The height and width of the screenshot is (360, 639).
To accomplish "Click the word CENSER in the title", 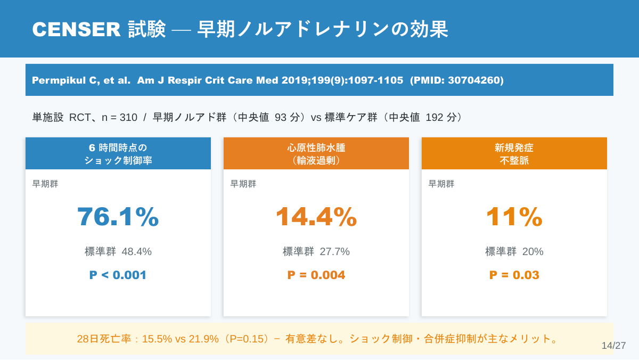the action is (x=77, y=29).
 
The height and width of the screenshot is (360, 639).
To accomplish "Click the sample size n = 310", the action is (x=119, y=117).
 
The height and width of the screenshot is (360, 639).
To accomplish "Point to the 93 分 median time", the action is (x=287, y=117).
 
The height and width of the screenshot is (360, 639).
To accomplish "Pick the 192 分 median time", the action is (x=441, y=117).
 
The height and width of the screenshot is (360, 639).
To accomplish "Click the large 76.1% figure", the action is (x=118, y=217).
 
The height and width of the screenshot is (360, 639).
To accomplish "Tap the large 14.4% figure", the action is (x=316, y=217).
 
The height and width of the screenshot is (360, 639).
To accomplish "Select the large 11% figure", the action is (x=514, y=217).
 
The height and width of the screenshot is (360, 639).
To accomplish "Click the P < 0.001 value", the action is (x=118, y=275).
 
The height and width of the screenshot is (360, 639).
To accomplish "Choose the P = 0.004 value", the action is (x=316, y=275).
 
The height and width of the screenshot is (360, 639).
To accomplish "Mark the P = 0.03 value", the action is (x=514, y=275).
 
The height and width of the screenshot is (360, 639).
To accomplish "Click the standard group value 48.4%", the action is (x=137, y=251).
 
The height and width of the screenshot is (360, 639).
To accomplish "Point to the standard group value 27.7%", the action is (x=334, y=251).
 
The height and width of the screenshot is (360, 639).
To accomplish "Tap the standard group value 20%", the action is (x=532, y=251).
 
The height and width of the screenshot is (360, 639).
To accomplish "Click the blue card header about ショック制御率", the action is (x=118, y=153).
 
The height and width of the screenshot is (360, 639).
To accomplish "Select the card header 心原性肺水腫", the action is (x=316, y=153).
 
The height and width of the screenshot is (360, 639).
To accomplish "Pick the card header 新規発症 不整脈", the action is (x=514, y=153).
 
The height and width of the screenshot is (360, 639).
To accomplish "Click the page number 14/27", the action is (x=613, y=346).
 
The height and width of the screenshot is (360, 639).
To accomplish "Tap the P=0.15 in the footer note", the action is (x=247, y=339).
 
